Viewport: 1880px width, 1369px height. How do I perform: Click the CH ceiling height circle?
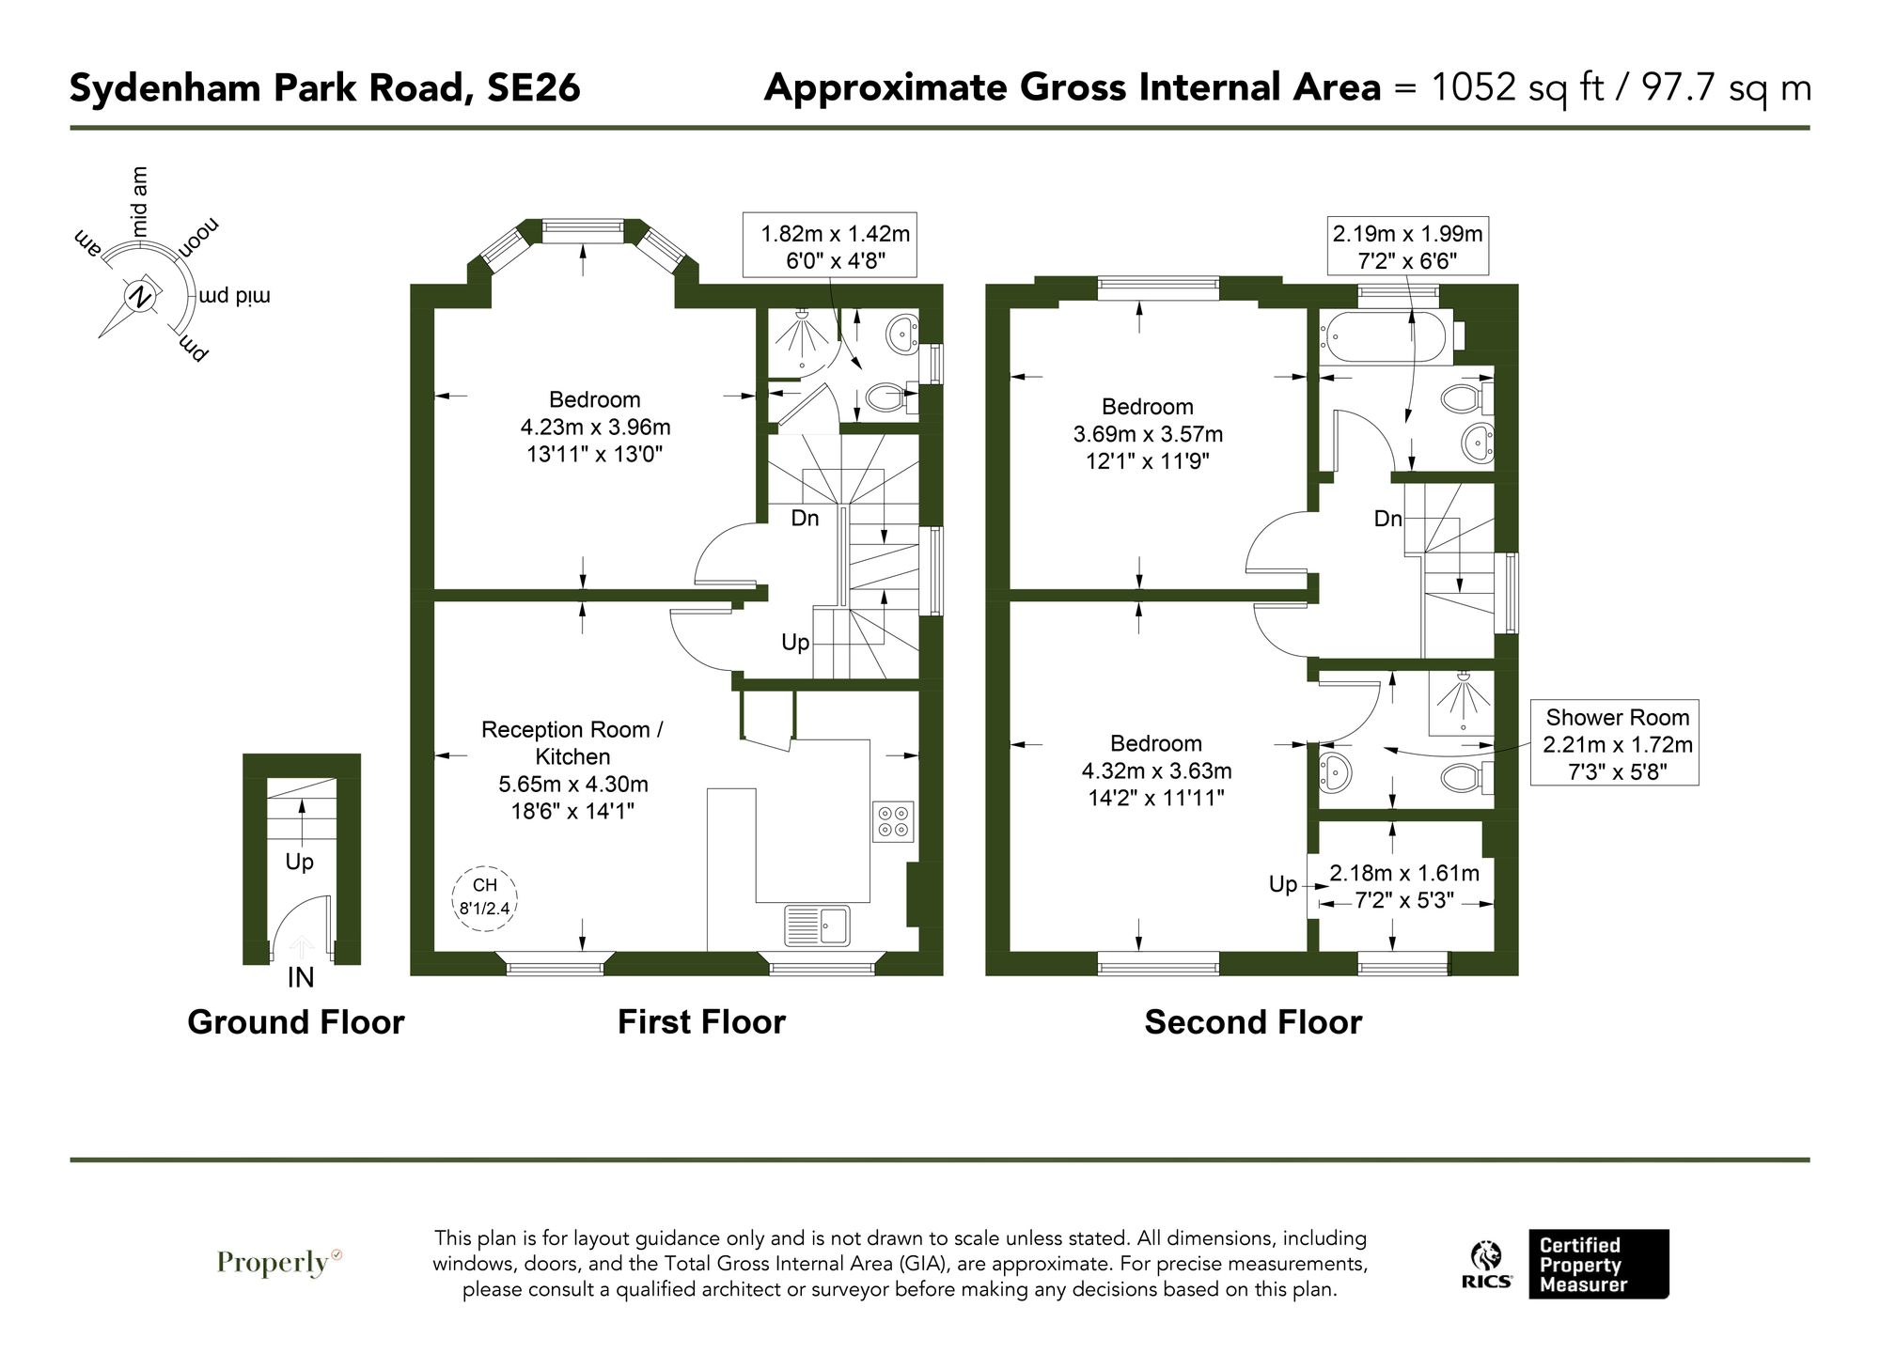coord(485,896)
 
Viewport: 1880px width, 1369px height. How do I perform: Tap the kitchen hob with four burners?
coord(893,820)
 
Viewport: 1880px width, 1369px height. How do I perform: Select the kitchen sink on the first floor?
coord(817,926)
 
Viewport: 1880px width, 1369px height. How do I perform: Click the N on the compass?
coord(141,297)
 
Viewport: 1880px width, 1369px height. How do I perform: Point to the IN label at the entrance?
coord(300,978)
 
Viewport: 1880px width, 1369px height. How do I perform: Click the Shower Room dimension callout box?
coord(1616,743)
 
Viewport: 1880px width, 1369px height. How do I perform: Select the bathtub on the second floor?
coord(1387,339)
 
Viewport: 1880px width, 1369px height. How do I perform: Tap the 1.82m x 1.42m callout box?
coord(829,246)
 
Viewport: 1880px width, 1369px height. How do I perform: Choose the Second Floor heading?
coord(1252,1022)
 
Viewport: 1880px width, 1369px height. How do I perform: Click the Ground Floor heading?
coord(295,1022)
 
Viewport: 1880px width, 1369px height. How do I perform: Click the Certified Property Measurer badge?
coord(1598,1264)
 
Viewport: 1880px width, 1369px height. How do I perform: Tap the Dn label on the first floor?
coord(805,518)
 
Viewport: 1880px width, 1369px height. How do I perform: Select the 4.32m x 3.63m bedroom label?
coord(1156,770)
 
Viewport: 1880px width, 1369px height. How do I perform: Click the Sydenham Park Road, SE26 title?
coord(325,88)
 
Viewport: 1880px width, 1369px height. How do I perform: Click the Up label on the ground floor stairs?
coord(299,862)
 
